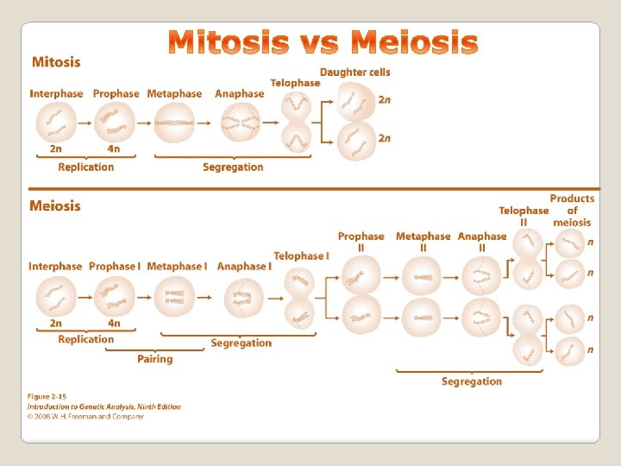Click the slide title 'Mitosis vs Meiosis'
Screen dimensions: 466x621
(x=323, y=42)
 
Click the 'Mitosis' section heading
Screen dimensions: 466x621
(x=56, y=62)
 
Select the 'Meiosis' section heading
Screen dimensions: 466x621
(x=55, y=205)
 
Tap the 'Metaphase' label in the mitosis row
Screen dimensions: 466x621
(x=174, y=93)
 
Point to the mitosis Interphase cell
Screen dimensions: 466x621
(x=56, y=123)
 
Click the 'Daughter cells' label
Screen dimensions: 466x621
(x=355, y=72)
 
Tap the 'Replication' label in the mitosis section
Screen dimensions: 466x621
(x=86, y=167)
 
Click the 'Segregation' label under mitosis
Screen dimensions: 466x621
(x=233, y=167)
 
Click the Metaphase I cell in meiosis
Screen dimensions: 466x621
(x=178, y=298)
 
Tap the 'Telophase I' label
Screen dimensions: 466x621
(x=301, y=255)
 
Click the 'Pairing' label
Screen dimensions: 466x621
(x=155, y=359)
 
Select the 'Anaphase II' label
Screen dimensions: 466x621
(x=482, y=242)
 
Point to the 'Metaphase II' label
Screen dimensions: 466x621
(x=423, y=242)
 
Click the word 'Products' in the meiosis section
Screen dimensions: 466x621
(x=572, y=198)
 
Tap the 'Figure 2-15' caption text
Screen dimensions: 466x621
(x=47, y=396)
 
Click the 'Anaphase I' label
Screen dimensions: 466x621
(x=244, y=266)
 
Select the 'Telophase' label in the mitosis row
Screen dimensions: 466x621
(x=295, y=83)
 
